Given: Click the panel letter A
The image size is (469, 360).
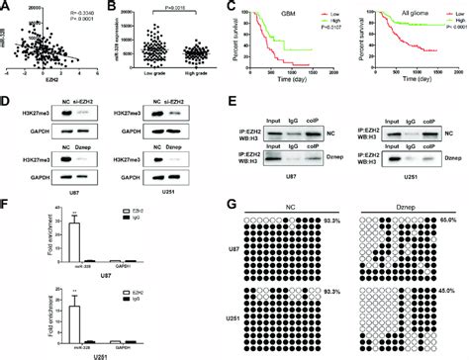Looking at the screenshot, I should (6, 8).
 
